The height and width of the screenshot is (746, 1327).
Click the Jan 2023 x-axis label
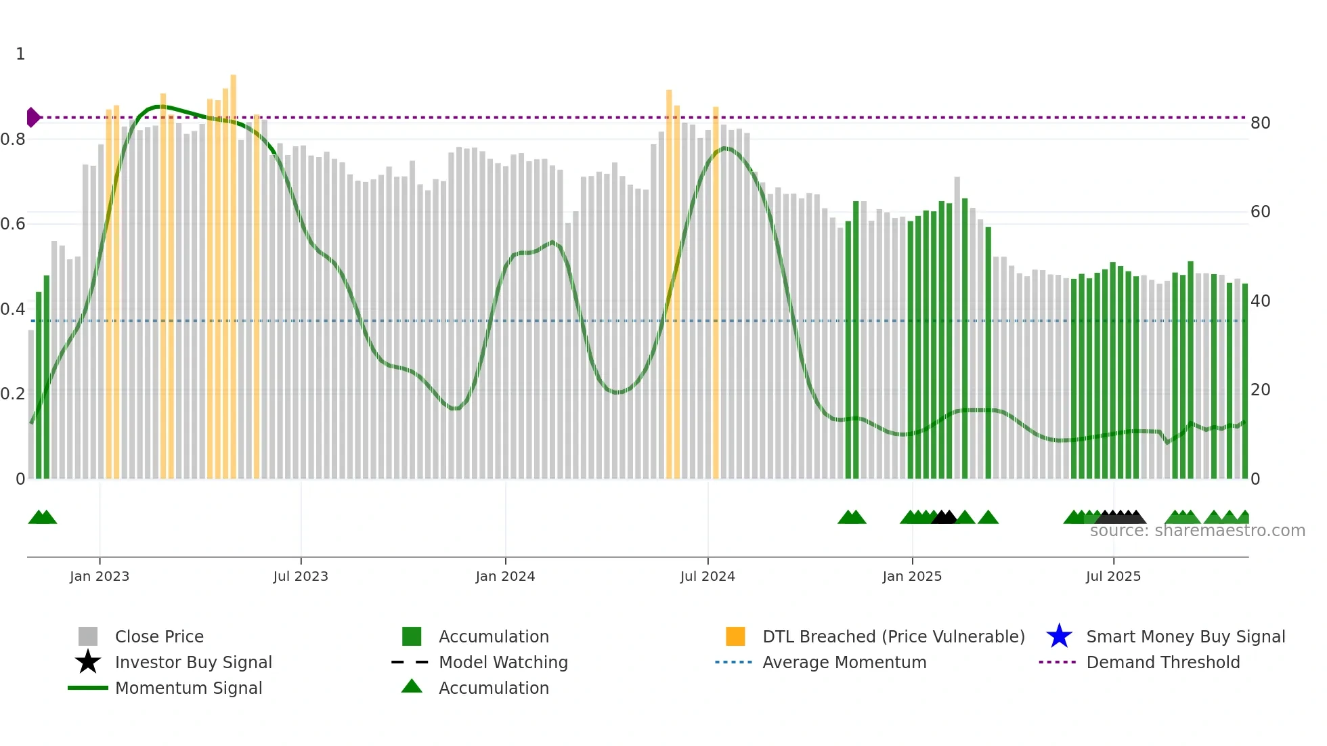point(100,576)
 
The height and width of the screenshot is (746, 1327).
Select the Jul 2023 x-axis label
point(301,576)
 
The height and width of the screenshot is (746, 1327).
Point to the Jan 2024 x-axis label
point(505,576)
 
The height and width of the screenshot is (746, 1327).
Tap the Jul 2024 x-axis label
point(708,576)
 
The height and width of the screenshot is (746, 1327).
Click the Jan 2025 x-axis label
point(912,576)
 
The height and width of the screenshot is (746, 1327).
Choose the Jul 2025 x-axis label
point(1114,576)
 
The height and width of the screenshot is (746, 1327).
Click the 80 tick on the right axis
point(1261,123)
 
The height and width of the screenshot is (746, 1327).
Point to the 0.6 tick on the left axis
point(13,224)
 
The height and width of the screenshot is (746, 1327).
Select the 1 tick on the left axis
point(20,54)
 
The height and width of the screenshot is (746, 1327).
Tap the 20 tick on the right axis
point(1261,390)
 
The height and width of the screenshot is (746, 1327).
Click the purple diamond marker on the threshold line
point(32,117)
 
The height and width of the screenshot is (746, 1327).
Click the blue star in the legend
point(1059,636)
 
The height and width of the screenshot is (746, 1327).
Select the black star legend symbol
point(88,662)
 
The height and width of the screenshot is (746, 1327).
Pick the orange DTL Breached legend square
point(735,636)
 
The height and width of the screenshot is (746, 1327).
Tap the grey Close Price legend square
point(88,636)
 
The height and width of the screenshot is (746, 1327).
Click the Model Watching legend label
point(503,662)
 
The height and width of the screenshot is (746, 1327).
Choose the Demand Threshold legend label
point(1163,662)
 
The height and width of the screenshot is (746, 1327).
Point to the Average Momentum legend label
point(844,662)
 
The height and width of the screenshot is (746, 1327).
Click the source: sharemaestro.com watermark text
point(1198,531)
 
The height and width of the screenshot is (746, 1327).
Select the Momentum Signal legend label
point(188,688)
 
